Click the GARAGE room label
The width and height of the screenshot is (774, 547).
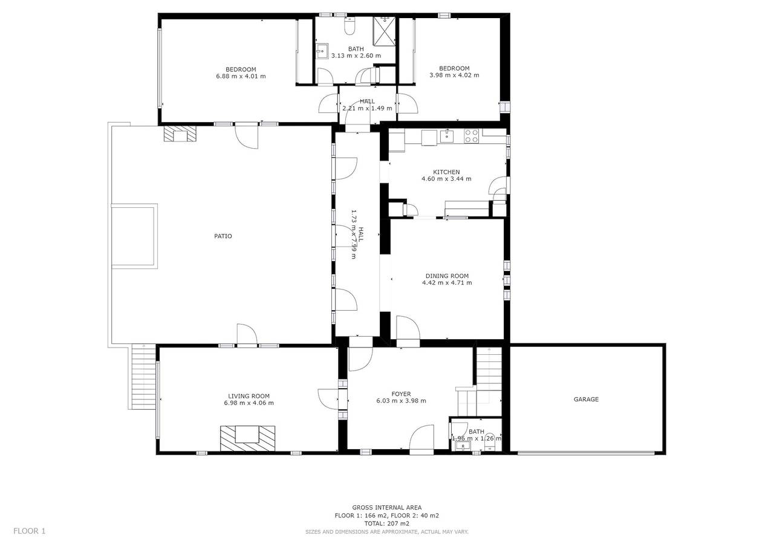(x=586, y=400)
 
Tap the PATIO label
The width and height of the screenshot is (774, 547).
(x=223, y=236)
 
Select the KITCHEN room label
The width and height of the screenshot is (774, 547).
(x=446, y=172)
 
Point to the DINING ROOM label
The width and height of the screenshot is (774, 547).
(x=447, y=276)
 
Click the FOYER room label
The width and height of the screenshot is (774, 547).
(x=401, y=394)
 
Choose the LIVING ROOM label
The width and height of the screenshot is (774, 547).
(x=249, y=396)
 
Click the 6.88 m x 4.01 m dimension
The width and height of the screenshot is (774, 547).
(x=241, y=76)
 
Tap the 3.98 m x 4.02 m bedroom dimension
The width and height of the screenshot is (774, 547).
(x=454, y=76)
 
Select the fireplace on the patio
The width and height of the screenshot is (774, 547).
(x=180, y=134)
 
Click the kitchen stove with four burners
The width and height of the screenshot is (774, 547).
(x=471, y=136)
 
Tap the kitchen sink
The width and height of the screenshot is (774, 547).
(x=447, y=135)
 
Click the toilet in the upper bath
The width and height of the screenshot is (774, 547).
(x=350, y=27)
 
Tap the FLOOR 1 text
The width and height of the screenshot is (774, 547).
(x=30, y=531)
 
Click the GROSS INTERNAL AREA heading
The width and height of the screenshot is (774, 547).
(x=387, y=508)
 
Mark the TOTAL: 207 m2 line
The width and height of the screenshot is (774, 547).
(x=387, y=523)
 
